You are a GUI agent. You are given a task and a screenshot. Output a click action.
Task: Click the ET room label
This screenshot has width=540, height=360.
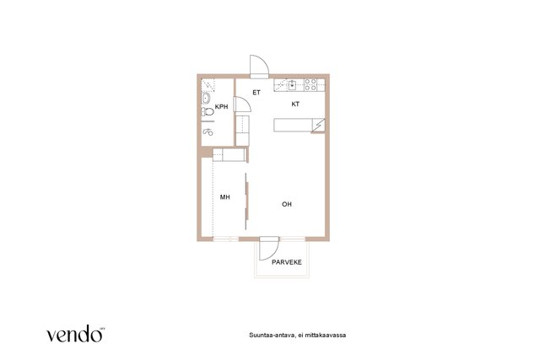[256, 93]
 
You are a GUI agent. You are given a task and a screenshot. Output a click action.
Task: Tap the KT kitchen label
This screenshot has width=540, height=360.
[295, 104]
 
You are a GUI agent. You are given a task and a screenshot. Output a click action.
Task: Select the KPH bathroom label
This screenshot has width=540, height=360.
[221, 107]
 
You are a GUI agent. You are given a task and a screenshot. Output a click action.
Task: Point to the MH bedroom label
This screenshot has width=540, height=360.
[225, 197]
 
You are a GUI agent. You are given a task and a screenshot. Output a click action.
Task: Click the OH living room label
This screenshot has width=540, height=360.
[287, 204]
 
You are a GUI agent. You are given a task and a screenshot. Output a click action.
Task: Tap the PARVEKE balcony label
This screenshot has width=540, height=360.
[287, 262]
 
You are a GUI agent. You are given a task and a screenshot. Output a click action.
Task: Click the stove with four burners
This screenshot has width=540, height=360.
[310, 84]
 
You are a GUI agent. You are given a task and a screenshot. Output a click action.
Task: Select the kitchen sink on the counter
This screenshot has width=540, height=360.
[293, 84]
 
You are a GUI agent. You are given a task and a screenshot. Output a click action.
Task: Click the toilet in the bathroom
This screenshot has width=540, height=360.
[208, 111]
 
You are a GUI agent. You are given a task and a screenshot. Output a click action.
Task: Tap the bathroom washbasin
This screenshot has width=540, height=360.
[206, 99]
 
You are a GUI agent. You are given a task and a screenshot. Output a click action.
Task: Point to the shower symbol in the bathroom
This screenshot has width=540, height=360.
[208, 132]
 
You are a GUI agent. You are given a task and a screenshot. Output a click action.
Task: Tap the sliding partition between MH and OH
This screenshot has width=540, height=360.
[246, 201]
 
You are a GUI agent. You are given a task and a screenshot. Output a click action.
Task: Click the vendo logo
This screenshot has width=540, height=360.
[75, 334]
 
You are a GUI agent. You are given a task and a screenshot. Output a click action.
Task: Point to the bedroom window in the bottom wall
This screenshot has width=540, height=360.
[226, 239]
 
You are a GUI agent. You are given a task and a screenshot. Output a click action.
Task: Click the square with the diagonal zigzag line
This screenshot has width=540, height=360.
[318, 125]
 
